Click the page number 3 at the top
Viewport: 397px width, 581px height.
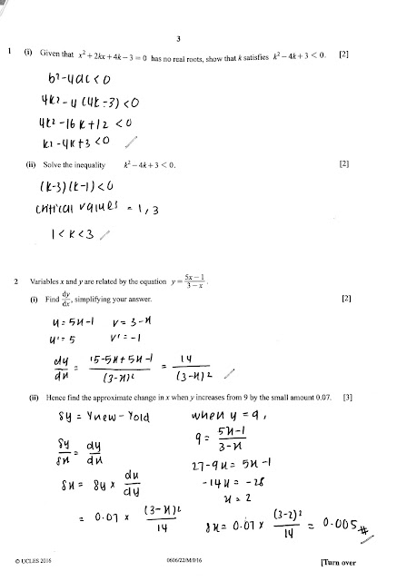(x=179, y=38)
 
